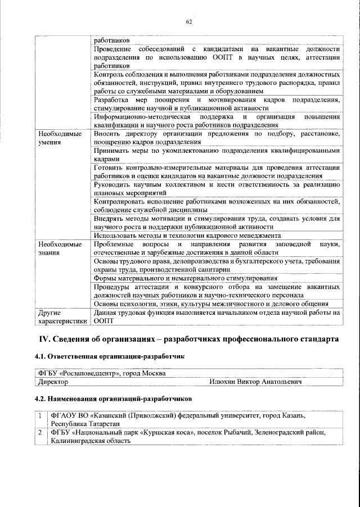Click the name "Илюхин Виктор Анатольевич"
point(255,382)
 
